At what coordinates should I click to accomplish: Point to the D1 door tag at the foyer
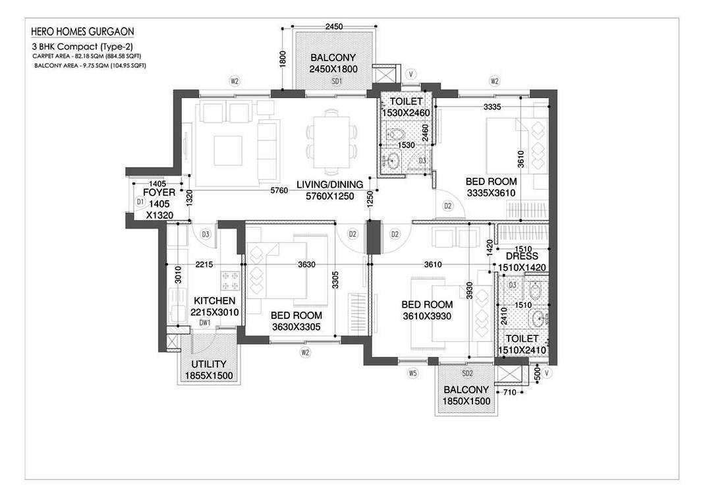140,201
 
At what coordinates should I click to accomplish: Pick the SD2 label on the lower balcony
466,380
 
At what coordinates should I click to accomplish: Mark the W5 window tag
412,373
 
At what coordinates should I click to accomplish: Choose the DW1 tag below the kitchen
205,323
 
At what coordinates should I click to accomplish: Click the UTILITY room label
209,364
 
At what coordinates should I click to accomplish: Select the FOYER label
159,193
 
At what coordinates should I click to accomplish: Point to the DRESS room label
522,256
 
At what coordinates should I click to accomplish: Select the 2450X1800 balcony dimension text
334,69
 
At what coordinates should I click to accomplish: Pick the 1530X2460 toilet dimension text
406,113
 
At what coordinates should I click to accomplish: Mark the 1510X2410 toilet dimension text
521,350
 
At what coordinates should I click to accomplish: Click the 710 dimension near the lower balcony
508,393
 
